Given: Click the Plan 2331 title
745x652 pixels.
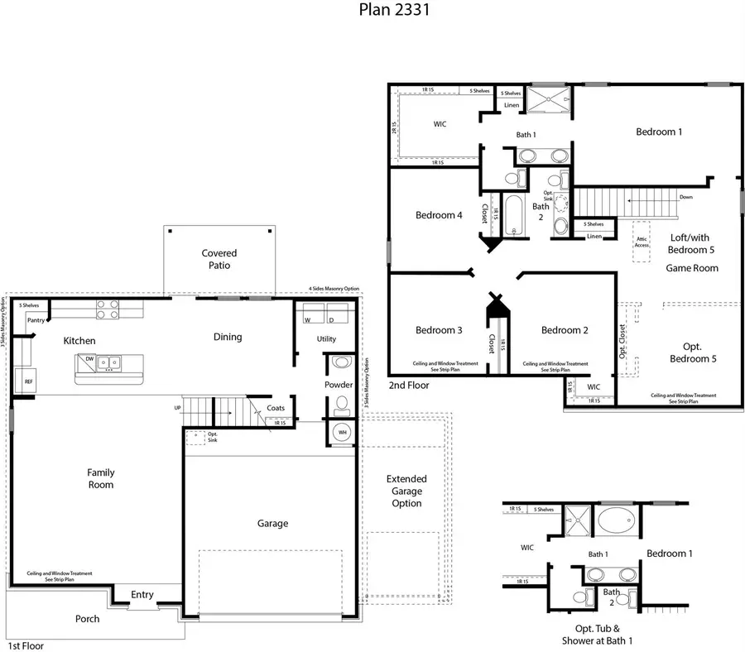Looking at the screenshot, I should (394, 10).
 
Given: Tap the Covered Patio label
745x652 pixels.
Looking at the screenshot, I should (219, 259).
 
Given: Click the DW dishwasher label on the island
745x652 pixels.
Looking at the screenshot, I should (89, 360).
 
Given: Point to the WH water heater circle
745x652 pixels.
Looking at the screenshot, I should (341, 433).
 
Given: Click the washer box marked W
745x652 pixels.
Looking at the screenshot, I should (309, 319).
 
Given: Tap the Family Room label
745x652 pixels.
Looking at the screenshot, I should (101, 478).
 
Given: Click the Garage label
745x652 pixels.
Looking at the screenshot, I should (272, 523).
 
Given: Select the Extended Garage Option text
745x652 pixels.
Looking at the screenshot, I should (406, 491).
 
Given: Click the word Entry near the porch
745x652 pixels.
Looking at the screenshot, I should (142, 594).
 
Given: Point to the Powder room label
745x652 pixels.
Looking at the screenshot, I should (339, 385).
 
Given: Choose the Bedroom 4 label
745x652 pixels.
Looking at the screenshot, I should (439, 215).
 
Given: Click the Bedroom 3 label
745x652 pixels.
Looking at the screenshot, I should (439, 330).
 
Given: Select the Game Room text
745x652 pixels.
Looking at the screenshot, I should (692, 268).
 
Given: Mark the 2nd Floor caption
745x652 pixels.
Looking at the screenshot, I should (409, 386).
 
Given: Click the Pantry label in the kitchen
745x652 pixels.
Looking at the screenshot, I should (35, 320).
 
